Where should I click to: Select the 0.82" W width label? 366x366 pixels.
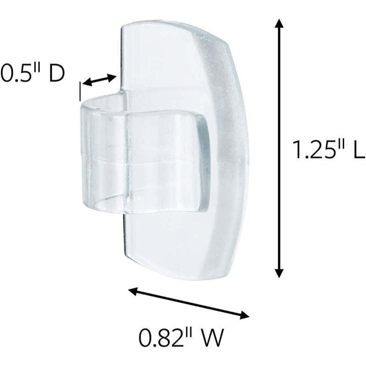[181, 339]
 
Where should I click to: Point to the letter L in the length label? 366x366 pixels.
[358, 150]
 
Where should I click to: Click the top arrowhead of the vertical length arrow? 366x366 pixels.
[278, 26]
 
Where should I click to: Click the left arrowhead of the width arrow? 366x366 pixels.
[132, 290]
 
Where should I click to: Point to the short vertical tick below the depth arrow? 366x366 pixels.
[81, 91]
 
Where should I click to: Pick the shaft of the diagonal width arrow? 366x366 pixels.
[188, 302]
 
